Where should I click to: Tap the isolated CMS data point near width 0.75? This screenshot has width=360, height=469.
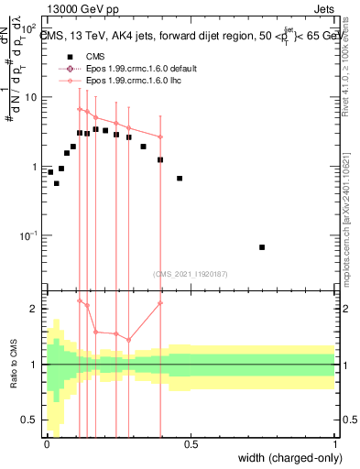[262, 247]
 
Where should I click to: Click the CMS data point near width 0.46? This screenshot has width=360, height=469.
[180, 178]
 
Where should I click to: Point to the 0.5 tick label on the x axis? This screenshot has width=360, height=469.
[191, 444]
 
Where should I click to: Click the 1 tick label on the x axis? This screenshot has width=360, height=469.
[335, 444]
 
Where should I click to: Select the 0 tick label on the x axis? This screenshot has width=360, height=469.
[47, 444]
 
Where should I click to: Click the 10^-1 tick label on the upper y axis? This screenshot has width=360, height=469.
[28, 235]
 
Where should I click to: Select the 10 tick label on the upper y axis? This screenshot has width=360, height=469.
[29, 96]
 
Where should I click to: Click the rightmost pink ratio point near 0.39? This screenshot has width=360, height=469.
[160, 303]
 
